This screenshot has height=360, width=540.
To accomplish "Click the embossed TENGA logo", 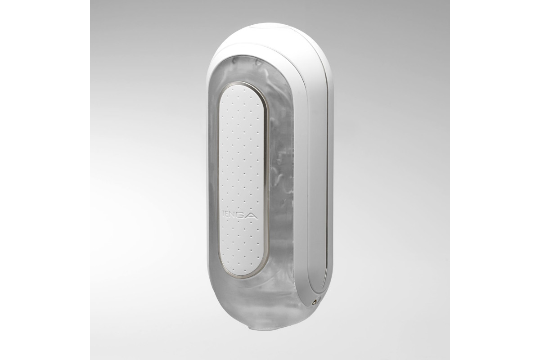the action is [x=239, y=215].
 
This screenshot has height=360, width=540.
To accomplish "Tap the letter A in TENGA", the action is [x=251, y=215].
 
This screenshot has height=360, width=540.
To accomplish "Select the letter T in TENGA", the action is [x=224, y=215].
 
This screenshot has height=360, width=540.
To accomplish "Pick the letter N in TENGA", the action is [x=233, y=215].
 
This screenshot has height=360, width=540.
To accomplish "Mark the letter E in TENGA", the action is [x=228, y=215].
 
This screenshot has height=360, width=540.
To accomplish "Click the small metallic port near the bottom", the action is [x=315, y=301].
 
